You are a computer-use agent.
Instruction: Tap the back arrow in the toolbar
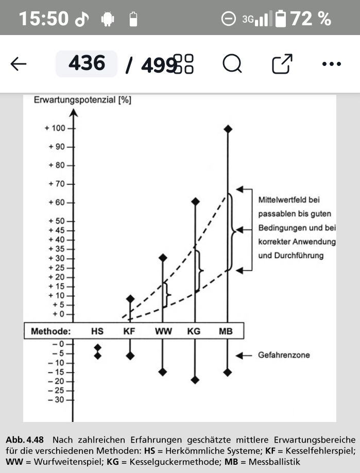(x=19, y=64)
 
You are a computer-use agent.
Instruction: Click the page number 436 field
(x=87, y=64)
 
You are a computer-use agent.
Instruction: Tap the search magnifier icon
(x=232, y=64)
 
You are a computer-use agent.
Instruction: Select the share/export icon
(x=282, y=64)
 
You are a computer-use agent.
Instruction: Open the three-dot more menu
(x=331, y=64)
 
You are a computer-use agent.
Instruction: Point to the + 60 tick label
(x=56, y=202)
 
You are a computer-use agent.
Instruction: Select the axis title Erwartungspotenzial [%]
(x=82, y=100)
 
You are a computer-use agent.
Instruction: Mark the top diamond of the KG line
(x=195, y=201)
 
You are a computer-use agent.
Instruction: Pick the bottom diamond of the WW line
(x=163, y=371)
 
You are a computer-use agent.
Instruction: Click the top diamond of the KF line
(x=130, y=299)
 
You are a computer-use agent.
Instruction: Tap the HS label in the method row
(x=97, y=331)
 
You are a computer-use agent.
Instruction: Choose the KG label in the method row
(x=194, y=331)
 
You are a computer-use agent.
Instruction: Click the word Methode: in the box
(x=50, y=331)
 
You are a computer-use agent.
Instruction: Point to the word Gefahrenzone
(x=284, y=356)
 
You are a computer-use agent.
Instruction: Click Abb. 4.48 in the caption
(x=25, y=440)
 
